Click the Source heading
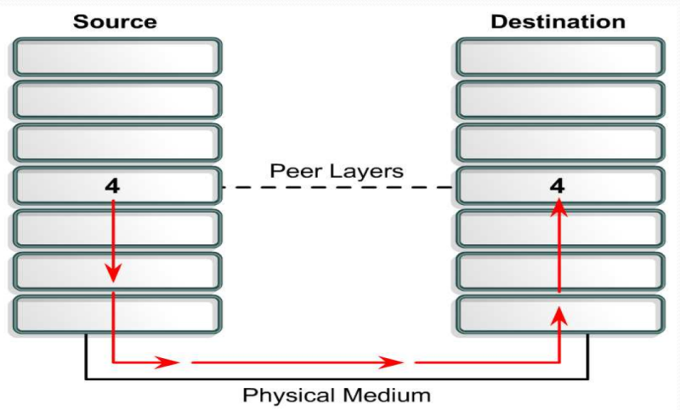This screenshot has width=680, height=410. tap(116, 20)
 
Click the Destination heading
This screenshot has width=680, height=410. tap(558, 20)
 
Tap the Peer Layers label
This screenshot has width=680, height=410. tap(337, 170)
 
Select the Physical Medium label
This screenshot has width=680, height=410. tap(337, 395)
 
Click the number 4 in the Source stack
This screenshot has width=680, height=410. tap(112, 185)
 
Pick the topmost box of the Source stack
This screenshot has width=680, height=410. tap(116, 57)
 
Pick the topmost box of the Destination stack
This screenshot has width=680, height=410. tap(558, 57)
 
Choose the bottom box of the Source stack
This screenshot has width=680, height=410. tap(116, 314)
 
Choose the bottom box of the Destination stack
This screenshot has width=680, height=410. tap(558, 314)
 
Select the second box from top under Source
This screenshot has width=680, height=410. tap(116, 100)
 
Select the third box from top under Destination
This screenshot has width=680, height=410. tap(558, 142)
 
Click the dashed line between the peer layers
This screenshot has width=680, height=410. tap(337, 186)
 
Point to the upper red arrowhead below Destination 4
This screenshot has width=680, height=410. tap(558, 205)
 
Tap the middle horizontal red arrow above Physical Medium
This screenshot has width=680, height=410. tap(297, 362)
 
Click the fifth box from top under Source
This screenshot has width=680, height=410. tap(116, 228)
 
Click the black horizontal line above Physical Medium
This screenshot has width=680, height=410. tap(337, 377)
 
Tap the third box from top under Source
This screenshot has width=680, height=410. tap(116, 142)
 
